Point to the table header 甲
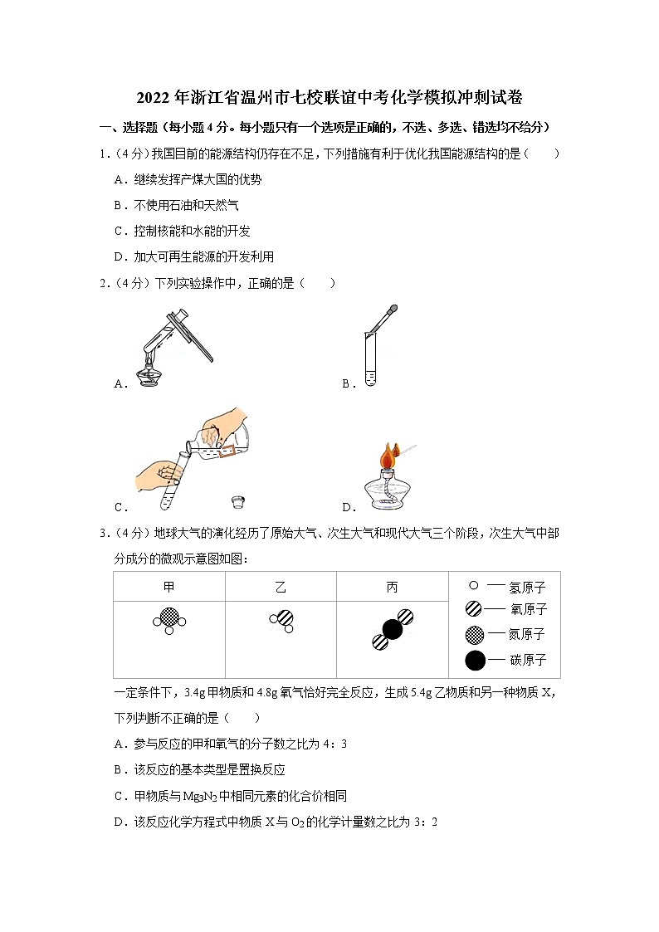tap(168, 588)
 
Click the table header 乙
tap(281, 588)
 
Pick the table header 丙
tap(392, 588)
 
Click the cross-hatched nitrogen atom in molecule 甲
tap(168, 617)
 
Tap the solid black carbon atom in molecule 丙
tap(393, 629)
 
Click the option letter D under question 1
tap(119, 256)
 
